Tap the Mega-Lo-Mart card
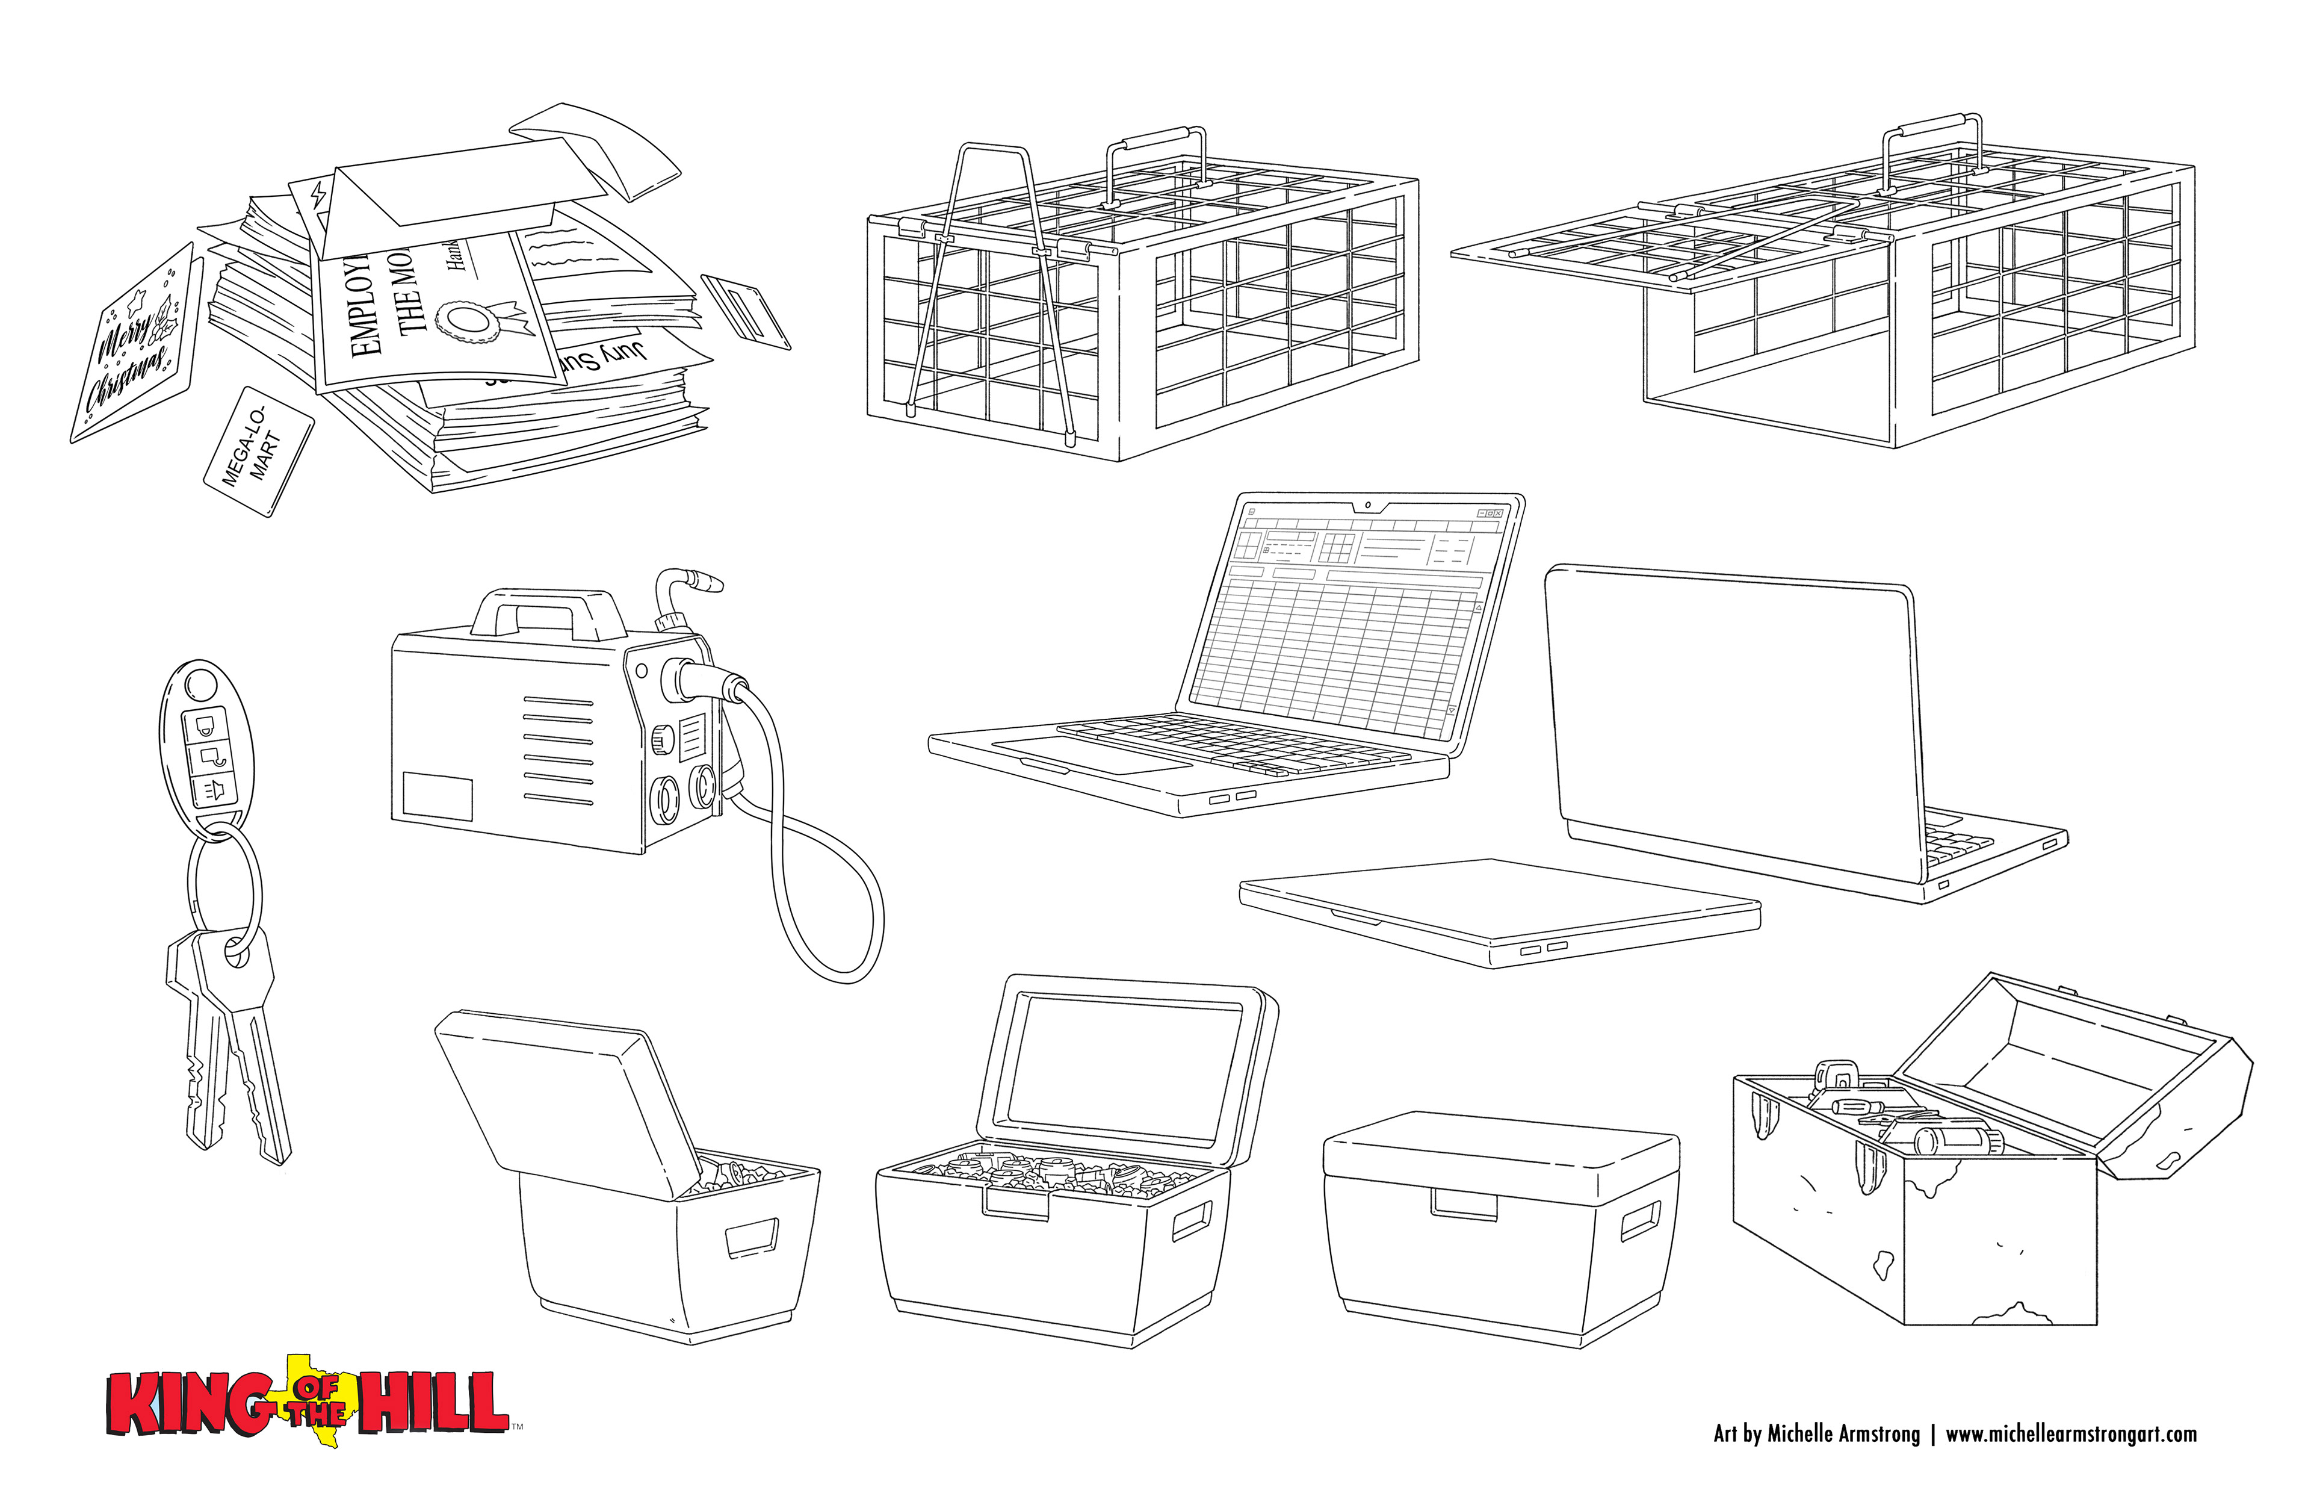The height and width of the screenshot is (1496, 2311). pyautogui.click(x=258, y=451)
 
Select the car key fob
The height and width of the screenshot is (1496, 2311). pyautogui.click(x=206, y=738)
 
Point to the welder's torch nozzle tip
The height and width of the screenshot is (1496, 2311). pyautogui.click(x=714, y=585)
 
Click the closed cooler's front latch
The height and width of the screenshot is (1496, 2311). pyautogui.click(x=1464, y=1205)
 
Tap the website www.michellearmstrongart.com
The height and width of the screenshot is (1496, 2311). pyautogui.click(x=2070, y=1435)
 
